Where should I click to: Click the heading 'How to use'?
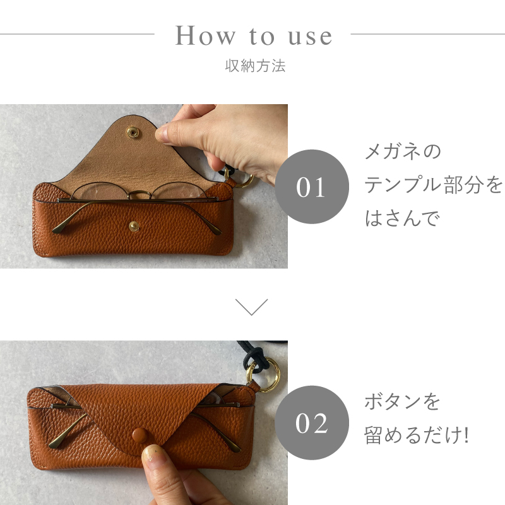point(253,35)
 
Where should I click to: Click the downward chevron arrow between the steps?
point(252,307)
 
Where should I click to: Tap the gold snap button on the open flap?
point(133,131)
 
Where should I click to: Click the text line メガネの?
point(403,152)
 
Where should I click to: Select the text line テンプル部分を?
point(434,186)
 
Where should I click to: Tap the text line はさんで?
point(401,218)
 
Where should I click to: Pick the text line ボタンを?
point(402,401)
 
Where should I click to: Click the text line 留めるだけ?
point(417,435)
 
